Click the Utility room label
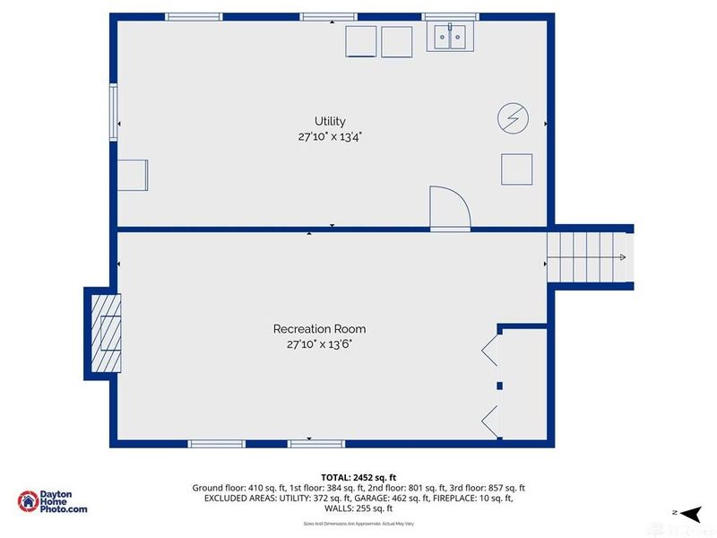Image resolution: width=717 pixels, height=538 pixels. pyautogui.click(x=330, y=121)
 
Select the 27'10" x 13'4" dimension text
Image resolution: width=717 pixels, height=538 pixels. pyautogui.click(x=330, y=137)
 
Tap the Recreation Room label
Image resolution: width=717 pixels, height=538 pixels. pyautogui.click(x=319, y=329)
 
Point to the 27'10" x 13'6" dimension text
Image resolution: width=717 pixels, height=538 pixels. pyautogui.click(x=319, y=344)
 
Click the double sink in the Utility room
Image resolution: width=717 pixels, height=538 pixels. pyautogui.click(x=450, y=37)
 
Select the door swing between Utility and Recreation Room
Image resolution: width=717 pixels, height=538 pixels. pyautogui.click(x=449, y=208)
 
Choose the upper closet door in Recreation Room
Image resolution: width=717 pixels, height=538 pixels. pyautogui.click(x=490, y=351)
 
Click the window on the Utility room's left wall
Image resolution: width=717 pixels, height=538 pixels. pyautogui.click(x=113, y=112)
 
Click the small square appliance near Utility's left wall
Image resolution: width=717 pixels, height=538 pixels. pyautogui.click(x=134, y=174)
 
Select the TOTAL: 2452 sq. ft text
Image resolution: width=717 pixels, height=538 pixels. pyautogui.click(x=358, y=476)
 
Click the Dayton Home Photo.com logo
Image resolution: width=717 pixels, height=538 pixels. pyautogui.click(x=54, y=502)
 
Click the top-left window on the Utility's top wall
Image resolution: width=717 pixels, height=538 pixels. pyautogui.click(x=194, y=16)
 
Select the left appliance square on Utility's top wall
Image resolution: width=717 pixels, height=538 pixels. pyautogui.click(x=362, y=41)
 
